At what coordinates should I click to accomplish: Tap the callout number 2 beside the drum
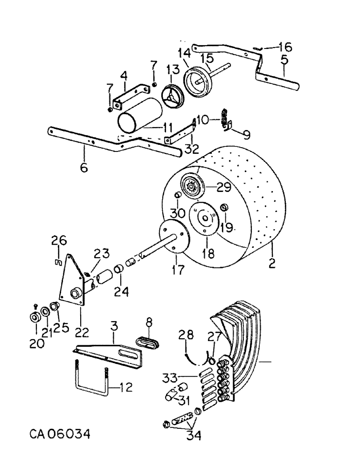272,264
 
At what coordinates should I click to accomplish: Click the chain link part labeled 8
148,341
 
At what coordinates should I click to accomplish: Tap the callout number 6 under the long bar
84,168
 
